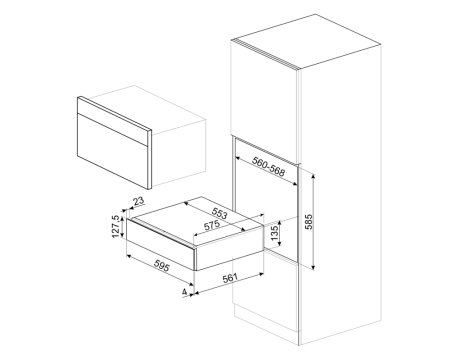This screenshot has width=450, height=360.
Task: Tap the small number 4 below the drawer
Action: (183, 293)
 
